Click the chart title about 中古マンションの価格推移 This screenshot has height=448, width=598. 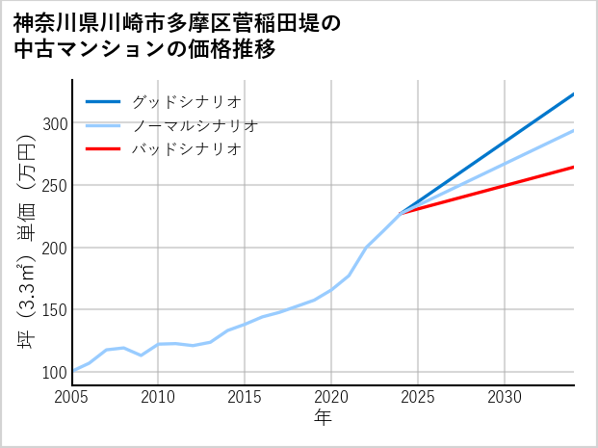click(177, 36)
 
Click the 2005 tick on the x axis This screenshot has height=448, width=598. click(72, 397)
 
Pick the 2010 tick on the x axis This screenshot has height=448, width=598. click(158, 397)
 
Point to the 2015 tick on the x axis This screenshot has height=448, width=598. click(245, 397)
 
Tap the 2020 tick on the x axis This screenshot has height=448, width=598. click(331, 397)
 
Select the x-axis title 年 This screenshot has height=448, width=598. click(323, 418)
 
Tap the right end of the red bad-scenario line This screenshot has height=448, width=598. click(573, 168)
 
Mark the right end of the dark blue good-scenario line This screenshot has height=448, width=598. click(573, 94)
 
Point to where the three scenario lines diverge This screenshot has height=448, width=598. click(401, 212)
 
